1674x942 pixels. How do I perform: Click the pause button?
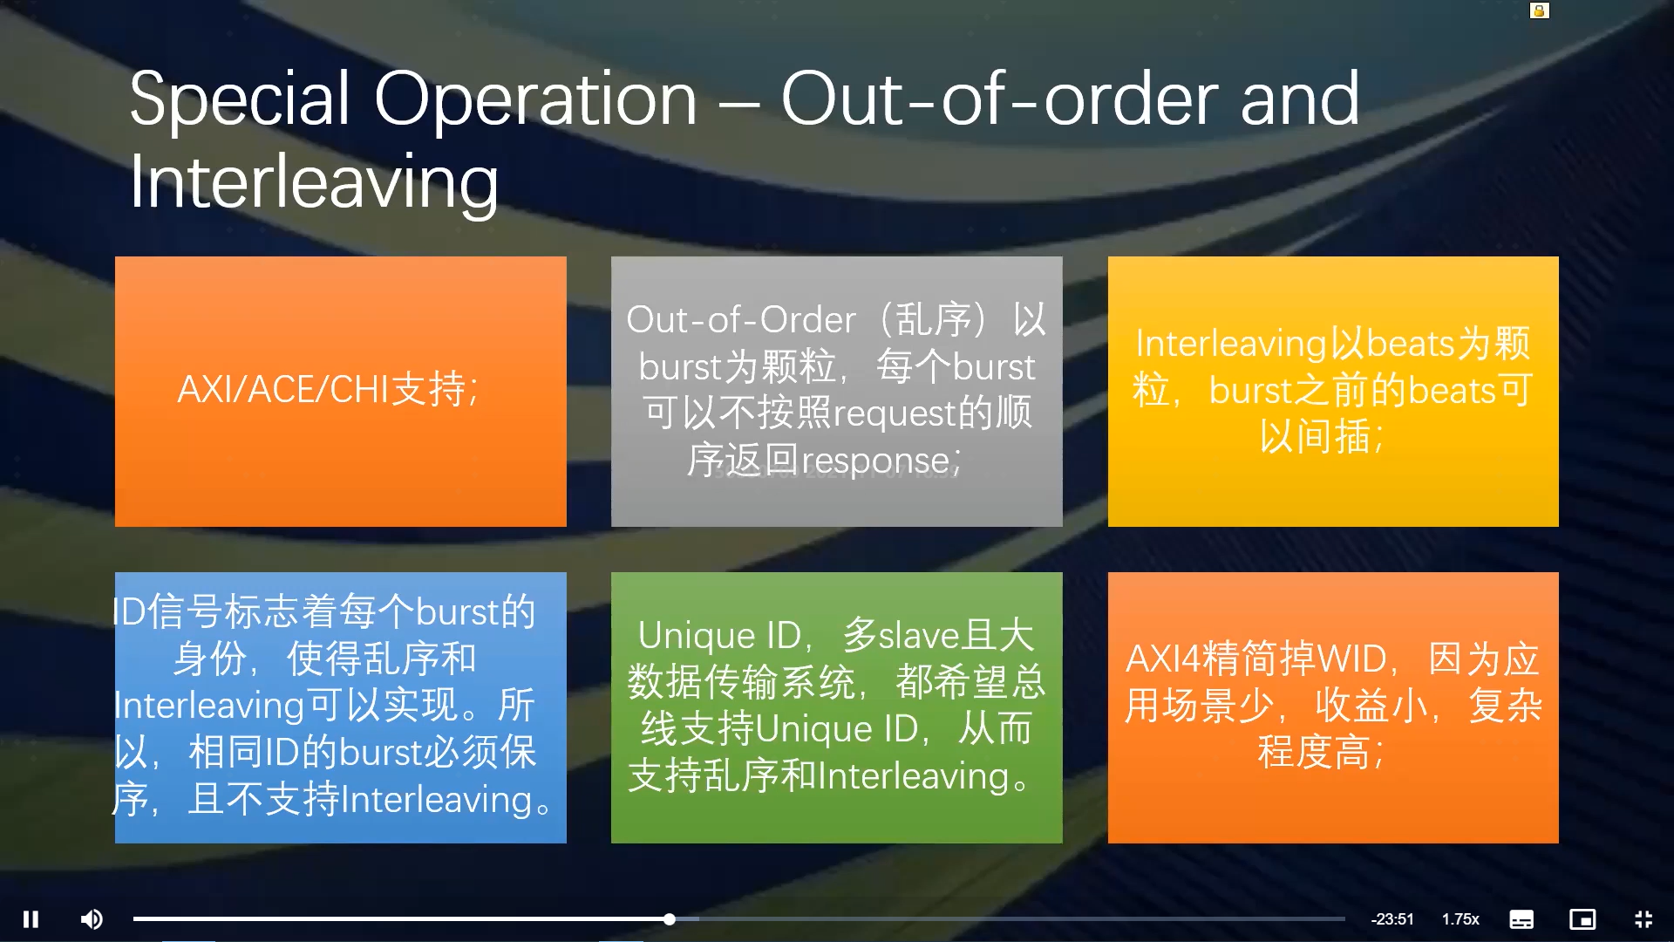coord(31,919)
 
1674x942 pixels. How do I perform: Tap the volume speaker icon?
coord(92,919)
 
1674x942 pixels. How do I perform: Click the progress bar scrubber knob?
coord(669,919)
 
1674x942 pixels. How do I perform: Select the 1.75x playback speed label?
coord(1460,919)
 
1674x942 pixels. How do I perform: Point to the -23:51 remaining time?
coord(1392,919)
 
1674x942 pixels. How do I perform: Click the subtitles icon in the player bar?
coord(1521,919)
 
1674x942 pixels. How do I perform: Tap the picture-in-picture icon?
coord(1582,919)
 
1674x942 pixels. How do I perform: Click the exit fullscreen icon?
coord(1643,919)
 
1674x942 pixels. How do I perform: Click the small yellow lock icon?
coord(1540,10)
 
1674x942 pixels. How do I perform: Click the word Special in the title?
coord(240,99)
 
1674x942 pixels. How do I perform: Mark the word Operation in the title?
coord(535,99)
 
